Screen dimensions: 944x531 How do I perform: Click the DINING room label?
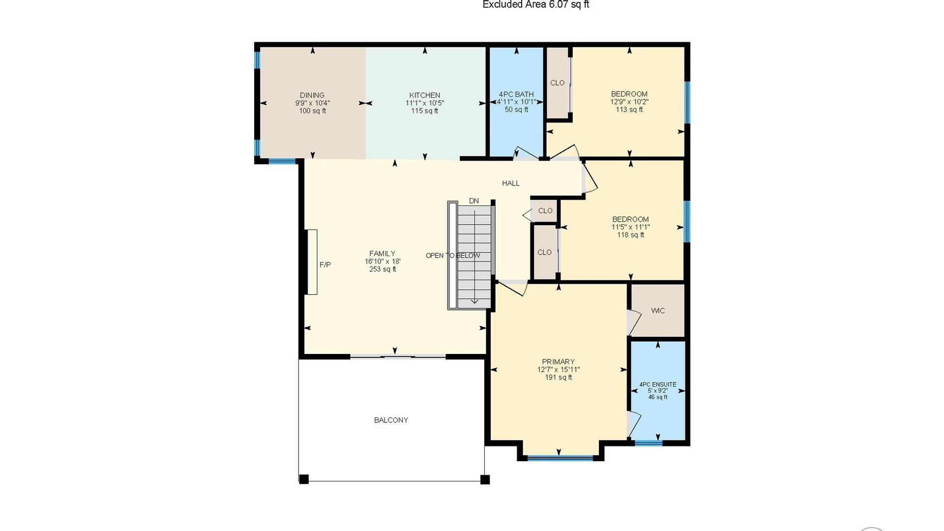point(312,95)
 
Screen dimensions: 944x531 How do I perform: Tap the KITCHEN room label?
point(425,95)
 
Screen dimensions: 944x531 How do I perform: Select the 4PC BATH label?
point(516,94)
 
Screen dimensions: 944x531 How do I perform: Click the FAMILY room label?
point(383,254)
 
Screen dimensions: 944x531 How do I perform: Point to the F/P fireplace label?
point(325,265)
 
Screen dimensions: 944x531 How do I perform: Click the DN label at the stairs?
point(474,201)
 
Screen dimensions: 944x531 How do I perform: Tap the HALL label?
point(511,183)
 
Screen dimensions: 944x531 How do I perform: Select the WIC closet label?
point(658,311)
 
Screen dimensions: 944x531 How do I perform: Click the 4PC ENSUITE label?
point(658,384)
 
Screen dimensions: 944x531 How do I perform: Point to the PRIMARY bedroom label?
point(559,362)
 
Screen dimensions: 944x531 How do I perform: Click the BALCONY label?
point(391,420)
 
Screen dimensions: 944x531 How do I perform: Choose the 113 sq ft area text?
point(629,110)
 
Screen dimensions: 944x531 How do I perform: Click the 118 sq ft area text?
point(631,235)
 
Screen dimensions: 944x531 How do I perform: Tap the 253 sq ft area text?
point(383,269)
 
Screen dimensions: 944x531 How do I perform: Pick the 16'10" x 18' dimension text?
point(383,262)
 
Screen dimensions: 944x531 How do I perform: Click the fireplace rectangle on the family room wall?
point(312,262)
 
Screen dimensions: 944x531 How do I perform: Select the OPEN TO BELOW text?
point(453,256)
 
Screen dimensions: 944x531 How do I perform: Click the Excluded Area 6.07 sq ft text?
point(536,5)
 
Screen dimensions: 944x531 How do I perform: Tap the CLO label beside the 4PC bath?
point(557,83)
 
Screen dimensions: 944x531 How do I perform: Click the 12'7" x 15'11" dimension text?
point(559,370)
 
